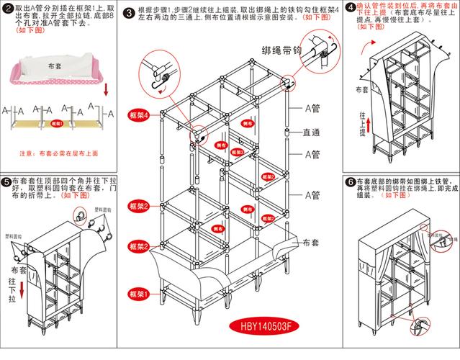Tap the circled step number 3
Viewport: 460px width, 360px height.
(x=128, y=13)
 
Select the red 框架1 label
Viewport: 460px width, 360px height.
(x=138, y=294)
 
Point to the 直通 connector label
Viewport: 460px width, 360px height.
(x=311, y=132)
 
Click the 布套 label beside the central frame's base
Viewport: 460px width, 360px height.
(x=312, y=243)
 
